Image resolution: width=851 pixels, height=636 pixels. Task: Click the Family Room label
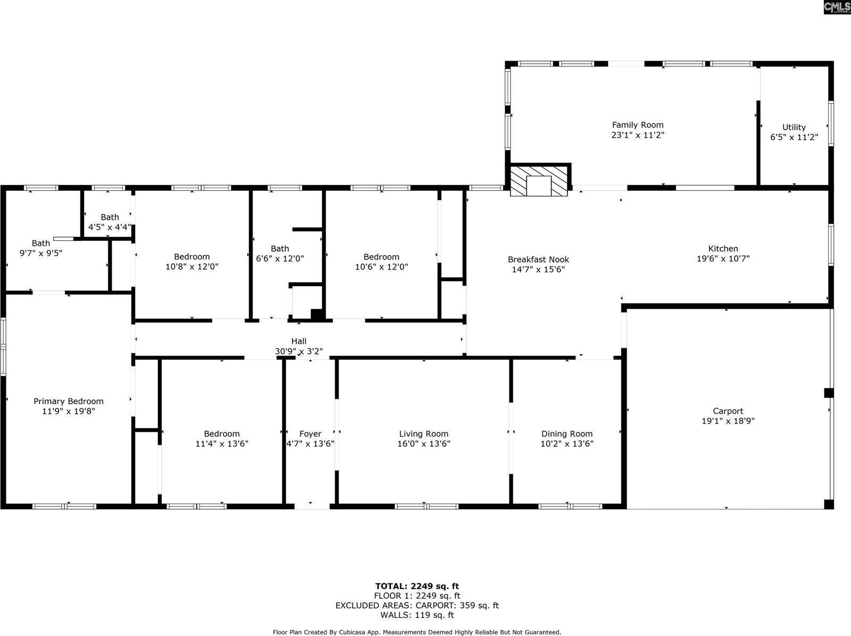638,125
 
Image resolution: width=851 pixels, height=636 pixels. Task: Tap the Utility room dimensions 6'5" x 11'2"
794,137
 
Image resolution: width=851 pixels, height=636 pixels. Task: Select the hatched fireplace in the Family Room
539,181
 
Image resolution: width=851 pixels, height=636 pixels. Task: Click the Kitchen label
723,249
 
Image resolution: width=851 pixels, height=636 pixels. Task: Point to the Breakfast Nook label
538,260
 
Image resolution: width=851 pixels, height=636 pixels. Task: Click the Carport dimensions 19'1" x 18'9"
728,421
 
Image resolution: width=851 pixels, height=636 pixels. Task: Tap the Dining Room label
567,434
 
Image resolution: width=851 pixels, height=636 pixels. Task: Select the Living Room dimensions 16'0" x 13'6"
424,444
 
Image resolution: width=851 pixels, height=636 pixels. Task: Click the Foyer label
310,434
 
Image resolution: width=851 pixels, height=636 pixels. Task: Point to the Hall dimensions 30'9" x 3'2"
299,352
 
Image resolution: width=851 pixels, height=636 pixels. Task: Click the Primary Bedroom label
69,401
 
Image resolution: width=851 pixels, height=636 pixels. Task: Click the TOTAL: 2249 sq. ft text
417,587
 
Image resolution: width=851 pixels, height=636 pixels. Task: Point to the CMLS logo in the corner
837,7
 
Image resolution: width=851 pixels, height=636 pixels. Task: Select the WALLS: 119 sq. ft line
417,615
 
